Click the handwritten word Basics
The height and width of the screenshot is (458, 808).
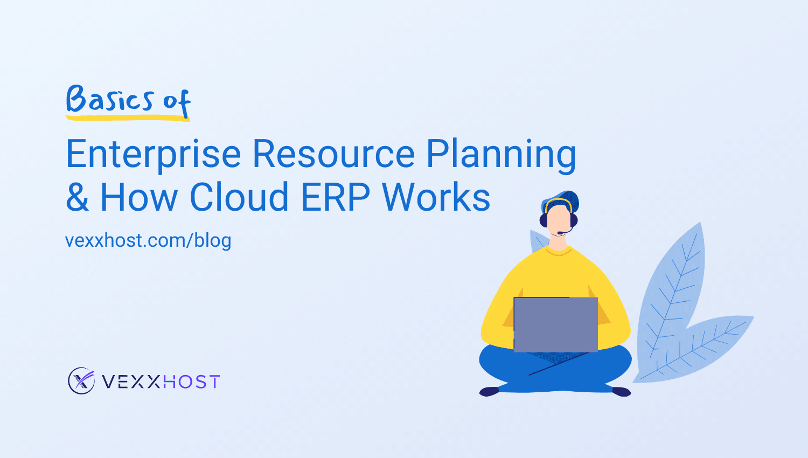pyautogui.click(x=110, y=99)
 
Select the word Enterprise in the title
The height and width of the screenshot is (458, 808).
pyautogui.click(x=153, y=154)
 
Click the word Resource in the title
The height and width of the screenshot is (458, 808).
pyautogui.click(x=333, y=154)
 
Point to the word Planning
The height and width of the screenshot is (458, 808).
pyautogui.click(x=501, y=155)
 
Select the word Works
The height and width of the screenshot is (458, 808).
pyautogui.click(x=436, y=197)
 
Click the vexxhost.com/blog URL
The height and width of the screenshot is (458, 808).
pyautogui.click(x=148, y=240)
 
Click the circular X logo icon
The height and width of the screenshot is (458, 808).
pyautogui.click(x=81, y=381)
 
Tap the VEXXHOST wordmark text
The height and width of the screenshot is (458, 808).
pyautogui.click(x=161, y=382)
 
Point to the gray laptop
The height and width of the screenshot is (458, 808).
pyautogui.click(x=555, y=324)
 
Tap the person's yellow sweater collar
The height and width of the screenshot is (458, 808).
pyautogui.click(x=559, y=252)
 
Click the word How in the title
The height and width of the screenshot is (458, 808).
pyautogui.click(x=138, y=197)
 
